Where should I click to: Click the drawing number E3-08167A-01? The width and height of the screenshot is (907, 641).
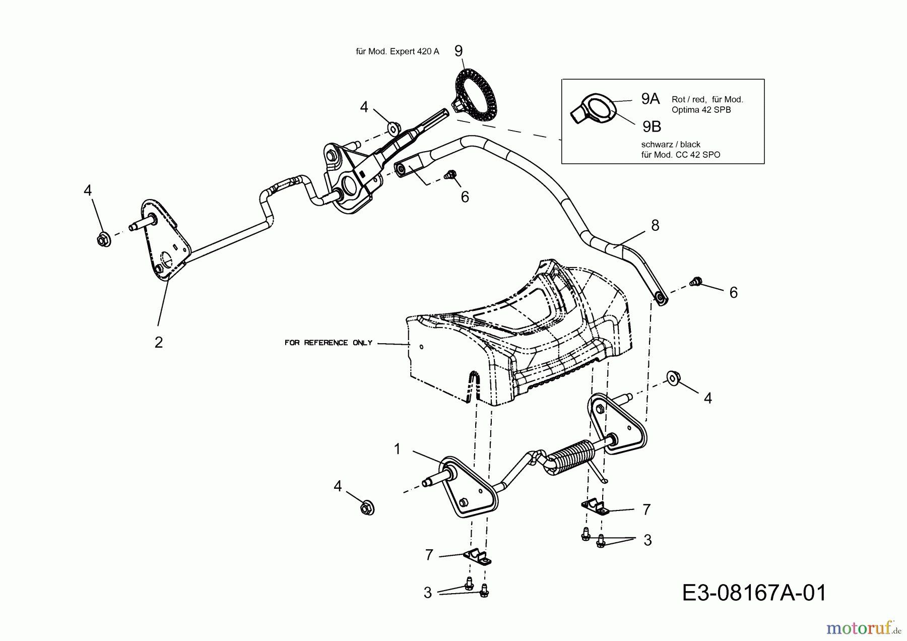pyautogui.click(x=754, y=593)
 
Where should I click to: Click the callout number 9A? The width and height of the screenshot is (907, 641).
pyautogui.click(x=650, y=99)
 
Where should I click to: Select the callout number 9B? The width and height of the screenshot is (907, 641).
pyautogui.click(x=652, y=126)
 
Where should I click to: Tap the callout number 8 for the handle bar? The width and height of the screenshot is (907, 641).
pyautogui.click(x=655, y=225)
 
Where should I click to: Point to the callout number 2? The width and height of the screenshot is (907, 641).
pyautogui.click(x=159, y=342)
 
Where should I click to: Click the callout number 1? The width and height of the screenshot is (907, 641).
pyautogui.click(x=397, y=449)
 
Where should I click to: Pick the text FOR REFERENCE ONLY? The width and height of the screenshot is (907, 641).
pyautogui.click(x=328, y=343)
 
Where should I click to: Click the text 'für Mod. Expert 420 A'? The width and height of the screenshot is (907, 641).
pyautogui.click(x=397, y=51)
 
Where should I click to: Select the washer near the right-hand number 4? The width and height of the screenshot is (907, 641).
pyautogui.click(x=672, y=377)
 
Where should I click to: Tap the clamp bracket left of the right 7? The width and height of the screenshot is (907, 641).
pyautogui.click(x=595, y=507)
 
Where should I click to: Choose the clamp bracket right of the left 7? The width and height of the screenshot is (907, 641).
pyautogui.click(x=478, y=557)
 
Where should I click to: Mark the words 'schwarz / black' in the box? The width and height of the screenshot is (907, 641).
pyautogui.click(x=670, y=145)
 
